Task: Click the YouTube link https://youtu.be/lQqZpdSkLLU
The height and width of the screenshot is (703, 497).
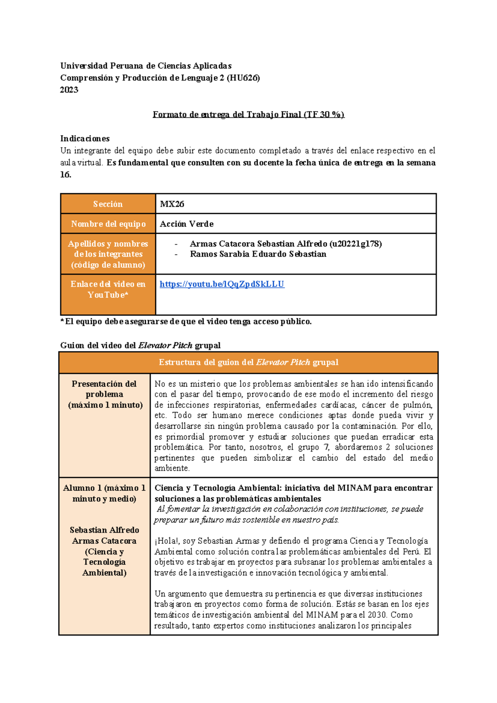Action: pos(222,284)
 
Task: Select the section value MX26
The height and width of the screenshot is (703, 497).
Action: pos(172,204)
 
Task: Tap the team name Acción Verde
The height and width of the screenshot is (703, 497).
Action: pos(186,224)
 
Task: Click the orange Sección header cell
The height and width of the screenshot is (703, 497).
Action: pos(108,204)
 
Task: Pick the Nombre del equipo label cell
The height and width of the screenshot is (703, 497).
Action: pos(108,224)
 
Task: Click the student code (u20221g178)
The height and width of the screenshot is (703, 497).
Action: pos(355,244)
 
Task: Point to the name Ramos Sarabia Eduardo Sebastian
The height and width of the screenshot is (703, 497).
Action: pos(258,254)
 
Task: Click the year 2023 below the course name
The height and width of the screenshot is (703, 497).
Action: pos(69,90)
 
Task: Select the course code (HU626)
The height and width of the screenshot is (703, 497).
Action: pos(243,78)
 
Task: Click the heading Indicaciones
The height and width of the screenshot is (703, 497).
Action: pos(85,138)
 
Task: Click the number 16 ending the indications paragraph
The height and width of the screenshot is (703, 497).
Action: pos(65,175)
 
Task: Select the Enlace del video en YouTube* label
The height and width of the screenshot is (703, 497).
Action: pos(108,289)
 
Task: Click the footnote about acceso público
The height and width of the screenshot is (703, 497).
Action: pos(186,321)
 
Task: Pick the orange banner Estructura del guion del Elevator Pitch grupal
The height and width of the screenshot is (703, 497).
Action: pos(248,362)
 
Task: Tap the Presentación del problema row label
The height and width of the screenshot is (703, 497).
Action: pos(104,394)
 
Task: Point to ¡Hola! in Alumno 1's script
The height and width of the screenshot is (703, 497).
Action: pos(166,541)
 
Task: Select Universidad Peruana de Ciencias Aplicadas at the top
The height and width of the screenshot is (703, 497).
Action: pos(146,66)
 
